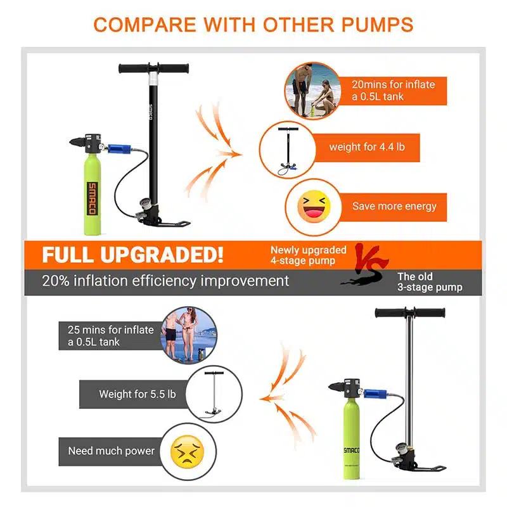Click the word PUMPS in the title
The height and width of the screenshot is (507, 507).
pos(377,25)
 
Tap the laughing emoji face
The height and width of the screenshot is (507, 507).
pos(314,207)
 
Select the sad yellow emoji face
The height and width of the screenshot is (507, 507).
pos(187,452)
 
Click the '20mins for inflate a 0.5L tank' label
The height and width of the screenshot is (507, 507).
pos(393,91)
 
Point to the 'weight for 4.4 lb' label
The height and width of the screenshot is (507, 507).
pos(367,147)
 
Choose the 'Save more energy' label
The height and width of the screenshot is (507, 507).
pos(394,207)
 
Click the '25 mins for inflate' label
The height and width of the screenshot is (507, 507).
pos(110,330)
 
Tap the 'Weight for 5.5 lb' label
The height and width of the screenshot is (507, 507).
pos(138,394)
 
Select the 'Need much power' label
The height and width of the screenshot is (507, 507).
pos(112,451)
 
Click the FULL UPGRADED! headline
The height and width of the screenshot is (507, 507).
pos(132,255)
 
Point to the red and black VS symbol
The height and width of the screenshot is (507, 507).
pos(366,264)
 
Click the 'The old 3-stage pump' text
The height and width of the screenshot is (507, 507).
pos(430,282)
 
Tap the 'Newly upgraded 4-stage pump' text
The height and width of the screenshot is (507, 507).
pos(309,255)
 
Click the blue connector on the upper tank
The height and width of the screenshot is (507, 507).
pos(119,149)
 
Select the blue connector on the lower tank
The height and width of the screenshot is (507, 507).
pos(375,394)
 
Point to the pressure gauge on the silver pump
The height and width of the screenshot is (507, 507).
pos(401,449)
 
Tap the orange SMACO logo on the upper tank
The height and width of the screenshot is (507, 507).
pos(92,198)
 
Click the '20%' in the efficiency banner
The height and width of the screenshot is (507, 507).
pos(56,281)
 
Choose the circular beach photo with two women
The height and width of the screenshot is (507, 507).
pos(189,336)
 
